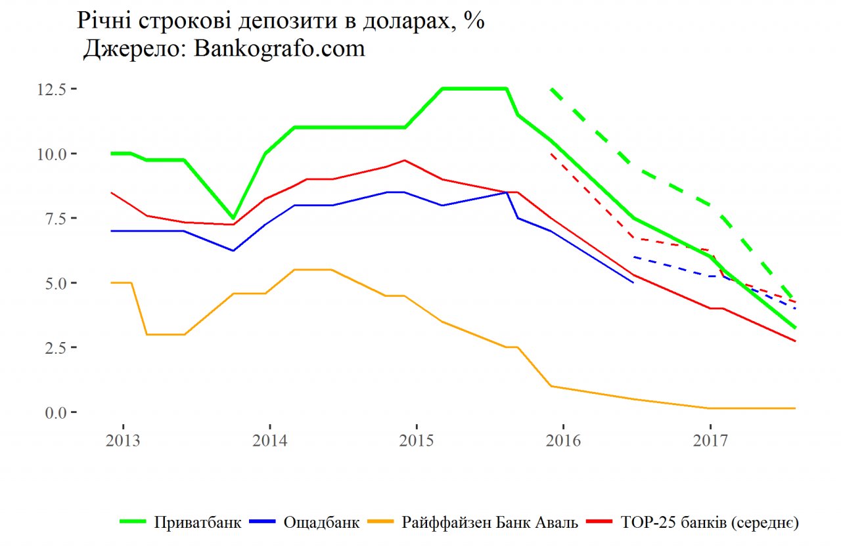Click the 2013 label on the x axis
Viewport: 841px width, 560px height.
(123, 440)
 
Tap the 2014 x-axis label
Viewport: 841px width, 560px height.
(269, 440)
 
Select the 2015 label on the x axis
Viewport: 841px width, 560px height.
(416, 440)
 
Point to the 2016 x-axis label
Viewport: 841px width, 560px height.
(563, 440)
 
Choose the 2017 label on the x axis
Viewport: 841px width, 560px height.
(710, 440)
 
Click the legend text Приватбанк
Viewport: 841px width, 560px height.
(198, 523)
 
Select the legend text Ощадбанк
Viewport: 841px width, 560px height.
(321, 523)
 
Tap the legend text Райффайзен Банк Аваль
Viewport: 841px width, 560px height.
(490, 523)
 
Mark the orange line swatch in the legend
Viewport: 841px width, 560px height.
(380, 523)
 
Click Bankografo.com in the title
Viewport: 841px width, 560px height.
(280, 49)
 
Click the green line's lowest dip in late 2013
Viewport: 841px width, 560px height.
(233, 217)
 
